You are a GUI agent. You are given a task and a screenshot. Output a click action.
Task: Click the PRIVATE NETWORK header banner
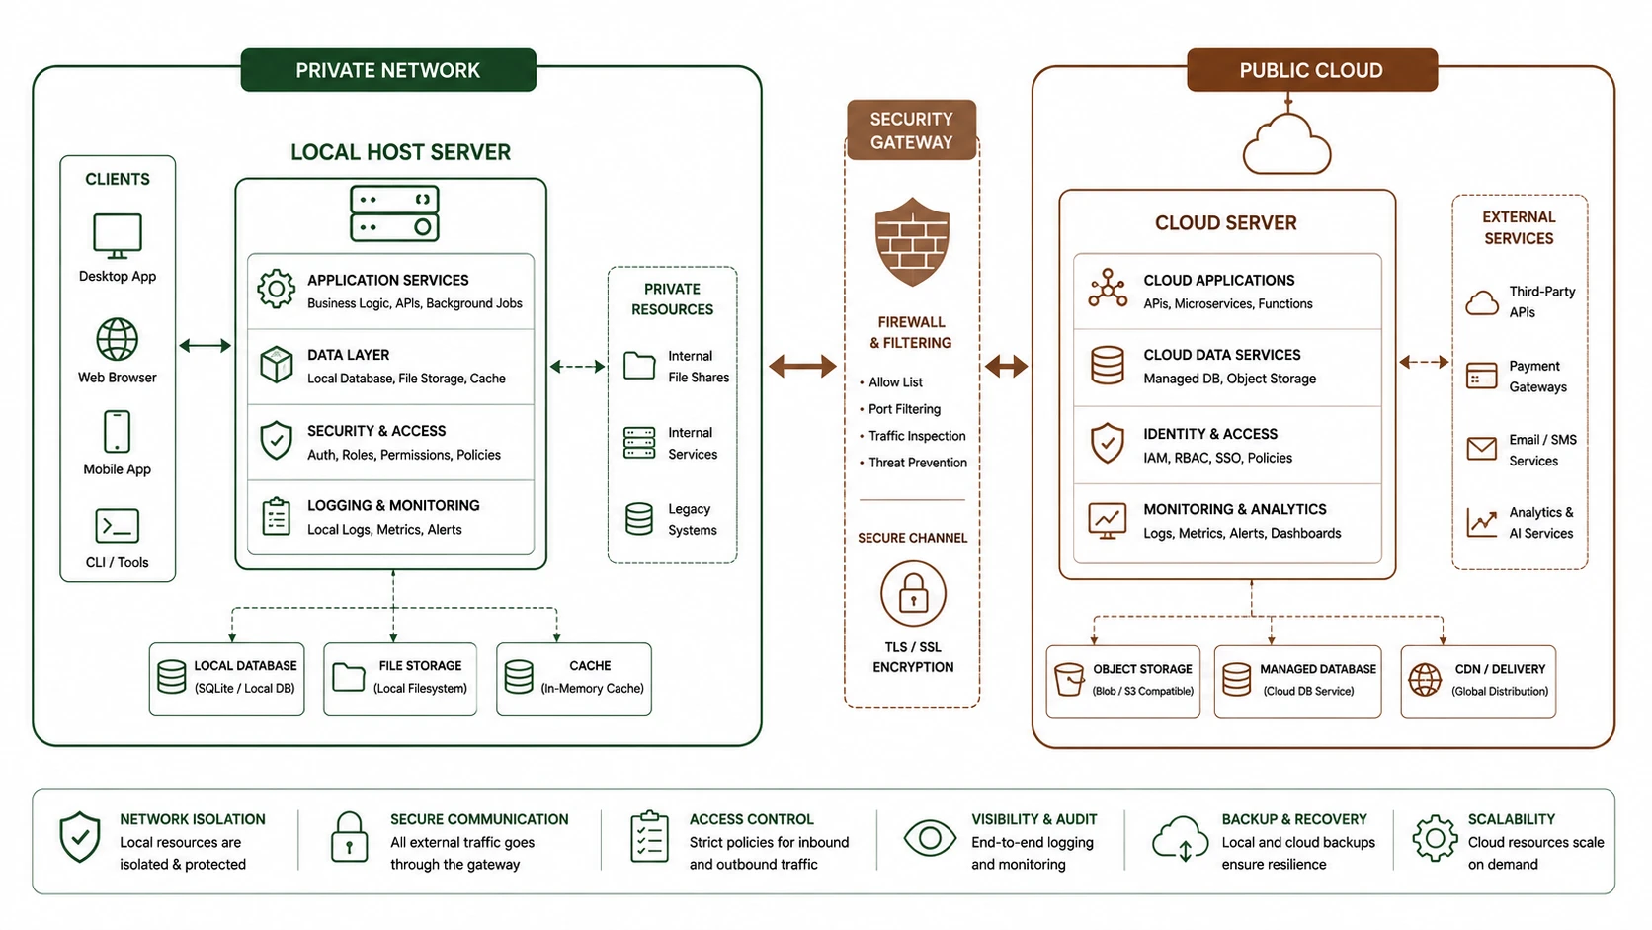point(388,70)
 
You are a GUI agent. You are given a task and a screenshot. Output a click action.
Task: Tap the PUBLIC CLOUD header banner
point(1312,70)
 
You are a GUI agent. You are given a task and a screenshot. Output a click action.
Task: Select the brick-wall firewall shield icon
point(912,241)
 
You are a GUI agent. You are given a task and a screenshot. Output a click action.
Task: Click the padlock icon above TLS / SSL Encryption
point(913,594)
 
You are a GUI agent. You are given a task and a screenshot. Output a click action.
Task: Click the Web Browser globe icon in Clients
point(118,339)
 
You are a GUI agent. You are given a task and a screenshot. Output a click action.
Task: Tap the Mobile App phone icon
point(117,431)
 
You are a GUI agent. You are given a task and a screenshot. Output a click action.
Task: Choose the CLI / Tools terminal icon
point(118,526)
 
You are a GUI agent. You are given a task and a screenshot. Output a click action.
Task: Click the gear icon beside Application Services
point(276,289)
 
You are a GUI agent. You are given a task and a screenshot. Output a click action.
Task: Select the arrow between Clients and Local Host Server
point(206,345)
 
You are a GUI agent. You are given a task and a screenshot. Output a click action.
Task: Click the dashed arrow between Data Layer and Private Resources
point(577,366)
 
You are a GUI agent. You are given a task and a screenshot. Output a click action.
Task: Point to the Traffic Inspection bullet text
point(917,436)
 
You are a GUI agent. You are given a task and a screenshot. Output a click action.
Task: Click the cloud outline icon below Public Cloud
point(1287,144)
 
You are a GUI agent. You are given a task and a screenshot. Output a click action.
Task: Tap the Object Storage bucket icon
point(1069,680)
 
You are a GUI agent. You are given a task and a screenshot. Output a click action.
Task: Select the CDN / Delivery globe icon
point(1425,680)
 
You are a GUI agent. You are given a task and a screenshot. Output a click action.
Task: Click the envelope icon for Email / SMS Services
point(1482,449)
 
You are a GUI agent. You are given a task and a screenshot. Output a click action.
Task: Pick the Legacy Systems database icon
point(638,519)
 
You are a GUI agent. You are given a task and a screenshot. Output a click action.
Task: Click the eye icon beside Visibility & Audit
point(930,838)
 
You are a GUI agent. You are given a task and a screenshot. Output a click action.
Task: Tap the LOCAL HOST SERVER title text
point(400,152)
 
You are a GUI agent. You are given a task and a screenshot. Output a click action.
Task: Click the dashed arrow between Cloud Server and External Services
point(1424,362)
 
